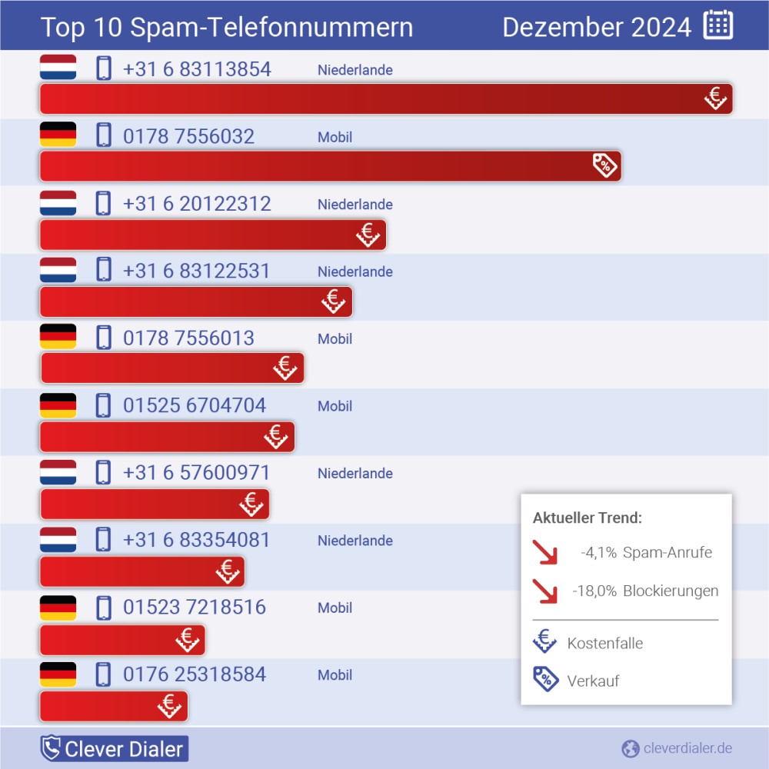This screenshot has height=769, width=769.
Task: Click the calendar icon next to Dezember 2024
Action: [717, 25]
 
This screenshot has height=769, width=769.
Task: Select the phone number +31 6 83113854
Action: [197, 69]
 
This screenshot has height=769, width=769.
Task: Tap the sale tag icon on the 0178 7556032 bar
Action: [605, 165]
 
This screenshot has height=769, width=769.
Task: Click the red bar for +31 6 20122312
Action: [200, 235]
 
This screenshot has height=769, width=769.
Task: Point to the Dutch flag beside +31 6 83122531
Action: [58, 270]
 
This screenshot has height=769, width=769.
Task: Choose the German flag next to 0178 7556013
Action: [58, 337]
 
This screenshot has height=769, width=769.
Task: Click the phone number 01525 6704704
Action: [195, 405]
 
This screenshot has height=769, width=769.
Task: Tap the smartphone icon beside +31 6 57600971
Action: [103, 472]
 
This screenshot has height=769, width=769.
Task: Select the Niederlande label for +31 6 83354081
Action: [355, 541]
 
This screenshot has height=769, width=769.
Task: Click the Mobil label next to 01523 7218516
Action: [335, 608]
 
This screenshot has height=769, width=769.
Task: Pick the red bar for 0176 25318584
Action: [100, 707]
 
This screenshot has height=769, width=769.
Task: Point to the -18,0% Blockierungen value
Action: [594, 591]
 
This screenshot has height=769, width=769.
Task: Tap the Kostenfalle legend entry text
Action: [604, 643]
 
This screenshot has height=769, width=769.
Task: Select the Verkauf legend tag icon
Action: [545, 679]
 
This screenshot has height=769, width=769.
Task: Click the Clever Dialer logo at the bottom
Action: [114, 748]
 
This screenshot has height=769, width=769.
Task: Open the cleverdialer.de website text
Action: [687, 748]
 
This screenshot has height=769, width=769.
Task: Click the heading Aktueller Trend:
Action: [587, 518]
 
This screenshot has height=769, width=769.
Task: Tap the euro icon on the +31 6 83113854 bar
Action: [715, 98]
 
